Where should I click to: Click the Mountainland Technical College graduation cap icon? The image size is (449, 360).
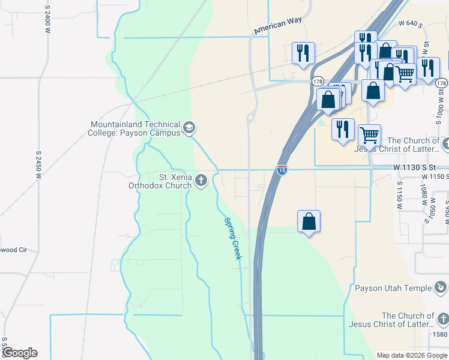coord(189,127)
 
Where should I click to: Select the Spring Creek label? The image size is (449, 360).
coord(232,238)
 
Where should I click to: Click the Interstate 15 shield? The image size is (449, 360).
coord(282,170)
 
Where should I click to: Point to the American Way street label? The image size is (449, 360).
coord(277,25)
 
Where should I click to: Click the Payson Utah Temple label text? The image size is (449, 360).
coord(393,288)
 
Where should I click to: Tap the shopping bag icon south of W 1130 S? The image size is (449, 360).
coord(309,221)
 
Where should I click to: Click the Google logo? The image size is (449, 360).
coord(19,353)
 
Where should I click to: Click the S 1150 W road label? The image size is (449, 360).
coord(399,194)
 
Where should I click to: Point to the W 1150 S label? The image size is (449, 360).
coord(436,177)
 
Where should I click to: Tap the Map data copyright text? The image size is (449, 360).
coord(411,355)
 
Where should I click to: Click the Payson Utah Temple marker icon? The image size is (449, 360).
coord(442,288)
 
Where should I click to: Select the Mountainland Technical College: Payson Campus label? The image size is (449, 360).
coord(135,128)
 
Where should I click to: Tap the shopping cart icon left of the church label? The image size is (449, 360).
coord(369,135)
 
